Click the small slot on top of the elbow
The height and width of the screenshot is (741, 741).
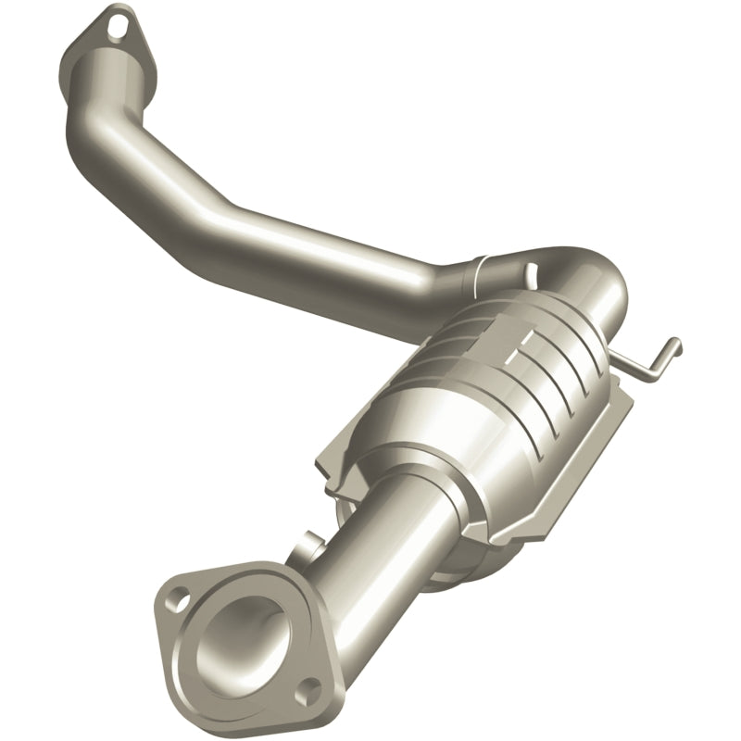[x=532, y=271]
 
